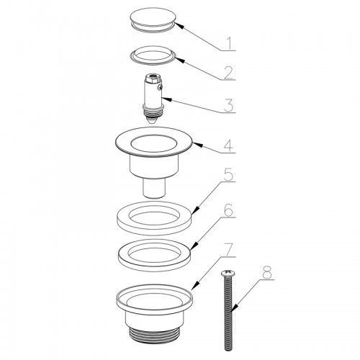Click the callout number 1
click(x=230, y=43)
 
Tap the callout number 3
click(x=229, y=105)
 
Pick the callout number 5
click(x=229, y=175)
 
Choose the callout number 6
click(x=229, y=211)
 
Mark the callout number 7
click(x=229, y=250)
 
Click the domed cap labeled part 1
click(x=153, y=20)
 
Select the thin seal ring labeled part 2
click(x=153, y=55)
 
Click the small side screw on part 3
click(x=160, y=88)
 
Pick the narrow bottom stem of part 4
click(x=154, y=188)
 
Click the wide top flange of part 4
click(x=154, y=143)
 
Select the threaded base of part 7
click(x=154, y=334)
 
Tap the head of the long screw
click(x=226, y=273)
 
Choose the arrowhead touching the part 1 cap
click(x=179, y=25)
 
